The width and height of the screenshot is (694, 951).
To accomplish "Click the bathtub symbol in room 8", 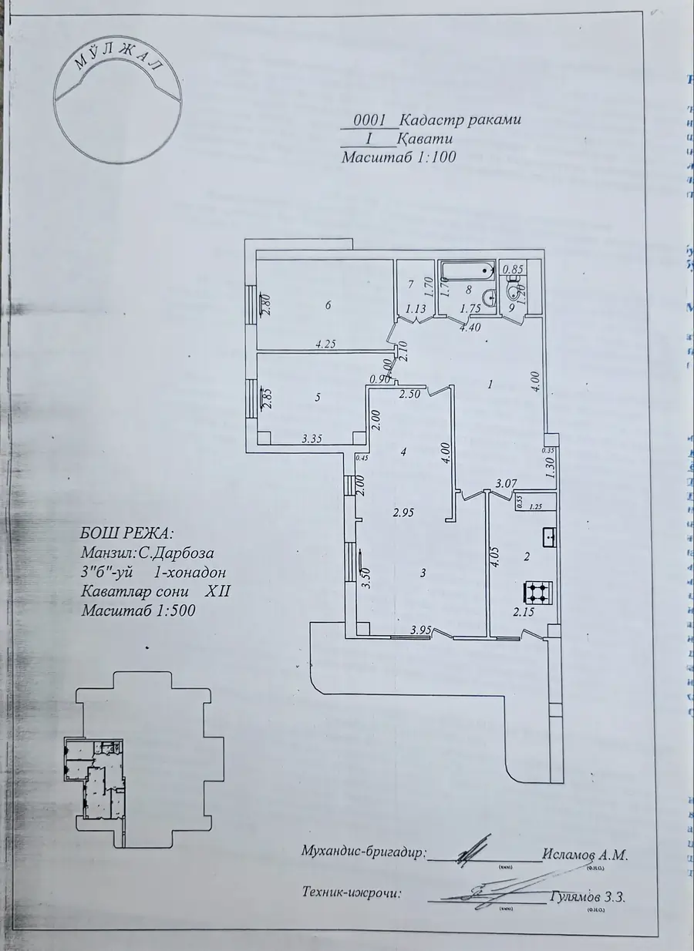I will (x=466, y=270).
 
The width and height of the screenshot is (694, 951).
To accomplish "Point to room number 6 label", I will (x=328, y=306).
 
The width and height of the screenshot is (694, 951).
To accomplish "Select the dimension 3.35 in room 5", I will (x=312, y=439).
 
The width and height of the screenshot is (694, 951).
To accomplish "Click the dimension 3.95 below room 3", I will (x=420, y=630).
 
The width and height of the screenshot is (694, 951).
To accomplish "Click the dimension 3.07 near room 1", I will (x=505, y=483).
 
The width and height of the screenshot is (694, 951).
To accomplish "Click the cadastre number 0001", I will (x=369, y=120).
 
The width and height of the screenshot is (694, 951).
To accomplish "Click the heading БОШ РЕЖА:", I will (x=126, y=533).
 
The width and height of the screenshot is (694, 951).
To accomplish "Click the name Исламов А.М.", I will (x=585, y=855).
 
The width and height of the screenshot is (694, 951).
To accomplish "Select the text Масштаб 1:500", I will (x=138, y=610).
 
